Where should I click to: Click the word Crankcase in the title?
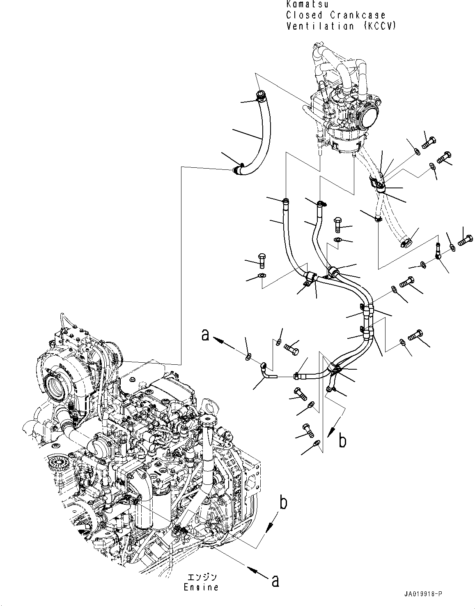pos(359,15)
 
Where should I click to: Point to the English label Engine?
pos(201,587)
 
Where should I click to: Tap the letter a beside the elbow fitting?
pos(205,336)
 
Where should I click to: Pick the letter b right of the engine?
pos(283,503)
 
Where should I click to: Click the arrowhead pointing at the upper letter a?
pos(219,341)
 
